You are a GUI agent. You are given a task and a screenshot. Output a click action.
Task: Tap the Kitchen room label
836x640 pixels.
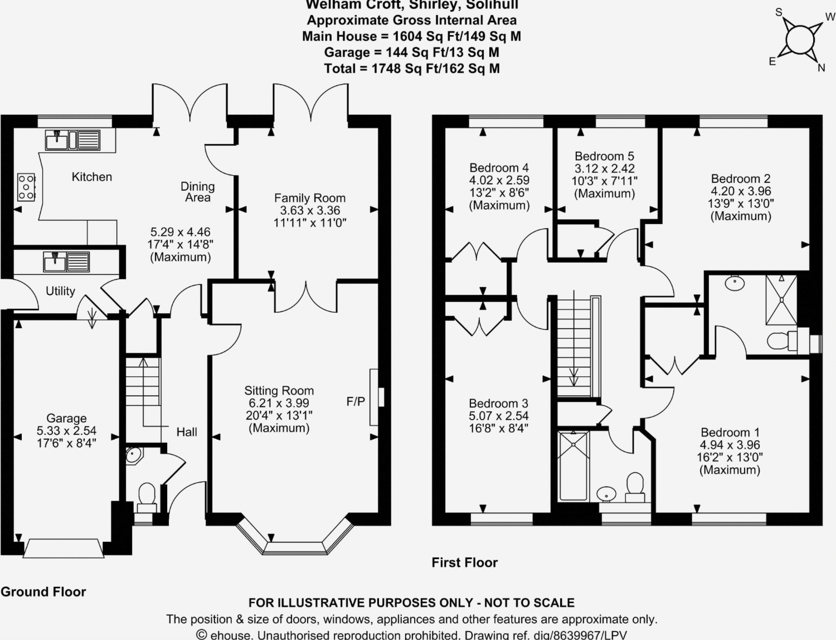coord(92,177)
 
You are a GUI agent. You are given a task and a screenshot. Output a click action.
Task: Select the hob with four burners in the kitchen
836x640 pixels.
coord(26,187)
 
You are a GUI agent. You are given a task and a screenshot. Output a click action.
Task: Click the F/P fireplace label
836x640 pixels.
coord(356,401)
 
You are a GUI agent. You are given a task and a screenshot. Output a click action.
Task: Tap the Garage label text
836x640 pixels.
coord(66,418)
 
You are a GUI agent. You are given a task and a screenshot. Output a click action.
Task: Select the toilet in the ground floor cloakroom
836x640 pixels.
coord(147,497)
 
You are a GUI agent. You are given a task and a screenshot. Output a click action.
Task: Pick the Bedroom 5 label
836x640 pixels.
coord(604,156)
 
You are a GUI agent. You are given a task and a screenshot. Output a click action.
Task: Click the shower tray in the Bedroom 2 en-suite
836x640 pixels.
coord(781,299)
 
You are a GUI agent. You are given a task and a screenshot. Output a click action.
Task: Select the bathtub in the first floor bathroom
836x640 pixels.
coord(573,466)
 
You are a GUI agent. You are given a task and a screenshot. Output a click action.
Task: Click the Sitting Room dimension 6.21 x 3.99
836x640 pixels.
coord(279,403)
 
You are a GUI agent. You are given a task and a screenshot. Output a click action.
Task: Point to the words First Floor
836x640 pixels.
coord(464,563)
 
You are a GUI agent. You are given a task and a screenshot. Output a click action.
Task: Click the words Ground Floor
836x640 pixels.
coord(43,591)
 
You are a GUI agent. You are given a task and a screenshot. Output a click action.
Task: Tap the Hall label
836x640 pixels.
coord(187,432)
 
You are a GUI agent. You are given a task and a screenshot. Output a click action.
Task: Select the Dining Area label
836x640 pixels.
coord(197,192)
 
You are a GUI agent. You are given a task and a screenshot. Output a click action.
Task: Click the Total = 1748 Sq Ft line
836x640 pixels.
coord(411,69)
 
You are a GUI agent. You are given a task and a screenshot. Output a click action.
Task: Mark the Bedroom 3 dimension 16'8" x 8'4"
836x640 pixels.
coord(498,428)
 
